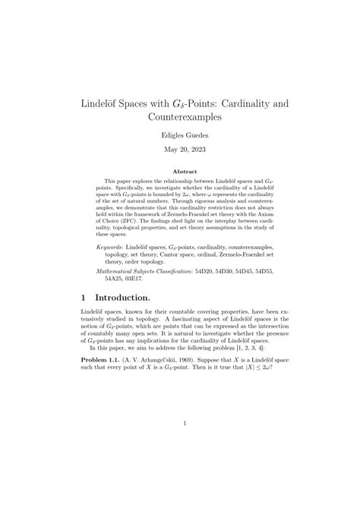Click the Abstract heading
180,172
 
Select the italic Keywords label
111,226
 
